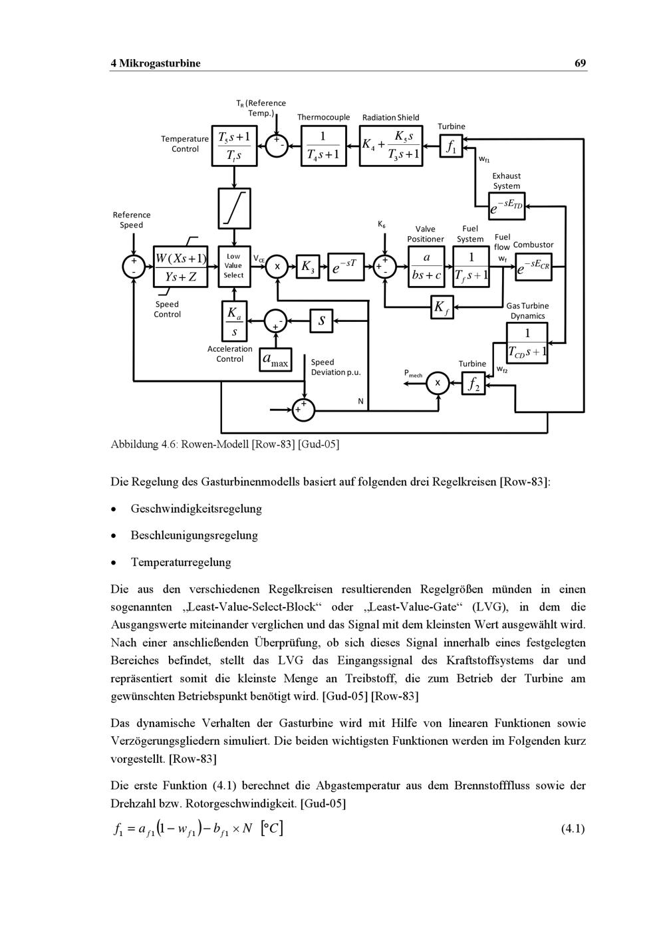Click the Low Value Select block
click(x=234, y=266)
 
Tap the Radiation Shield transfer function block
click(x=391, y=146)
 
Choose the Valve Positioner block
click(x=426, y=266)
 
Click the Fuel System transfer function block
click(x=471, y=266)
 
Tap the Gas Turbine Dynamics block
click(x=527, y=342)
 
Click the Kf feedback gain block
click(x=441, y=307)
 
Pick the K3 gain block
click(x=307, y=267)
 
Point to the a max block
click(x=275, y=360)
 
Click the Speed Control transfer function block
click(x=180, y=267)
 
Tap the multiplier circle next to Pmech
click(x=438, y=383)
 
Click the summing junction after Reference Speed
click(x=134, y=266)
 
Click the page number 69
click(x=580, y=63)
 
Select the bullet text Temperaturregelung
click(x=181, y=562)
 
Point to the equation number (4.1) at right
click(x=573, y=829)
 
